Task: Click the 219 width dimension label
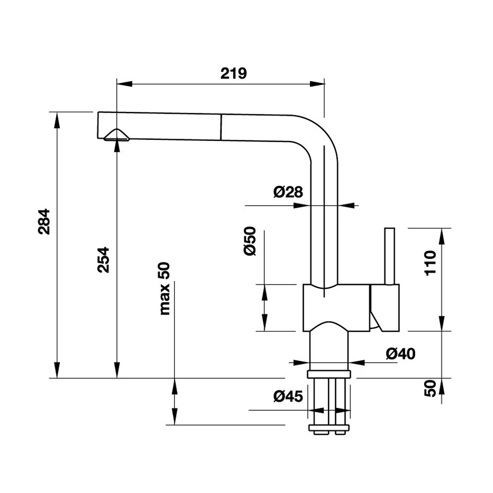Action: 233,73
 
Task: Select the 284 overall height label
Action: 44,222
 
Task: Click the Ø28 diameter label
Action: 287,192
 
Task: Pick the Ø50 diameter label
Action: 250,241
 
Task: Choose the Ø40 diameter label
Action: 400,353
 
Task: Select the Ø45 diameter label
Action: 286,395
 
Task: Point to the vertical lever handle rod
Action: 389,256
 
